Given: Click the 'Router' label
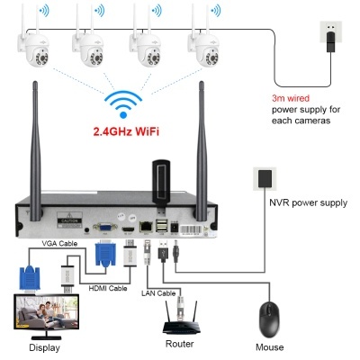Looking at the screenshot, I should pyautogui.click(x=179, y=345).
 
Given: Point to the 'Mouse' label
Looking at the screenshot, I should pyautogui.click(x=270, y=346).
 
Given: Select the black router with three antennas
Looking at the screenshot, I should pyautogui.click(x=179, y=316).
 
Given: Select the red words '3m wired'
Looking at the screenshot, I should pyautogui.click(x=292, y=97).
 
